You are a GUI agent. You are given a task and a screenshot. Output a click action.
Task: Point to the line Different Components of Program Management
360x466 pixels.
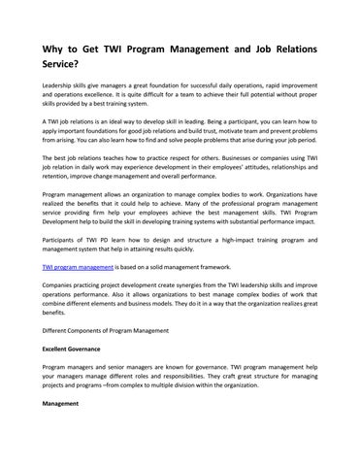point(118,356)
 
